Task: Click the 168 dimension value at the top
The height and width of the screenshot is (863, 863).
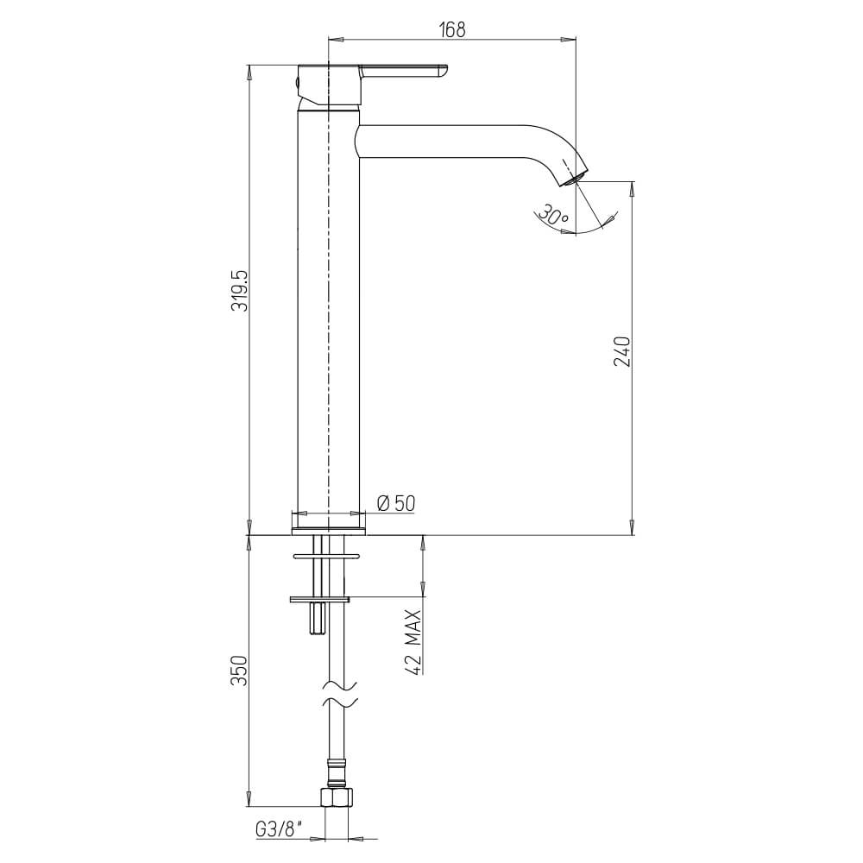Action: pos(452,30)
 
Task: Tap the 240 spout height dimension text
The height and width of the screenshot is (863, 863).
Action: pos(623,351)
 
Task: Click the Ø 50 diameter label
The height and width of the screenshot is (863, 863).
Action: pos(396,503)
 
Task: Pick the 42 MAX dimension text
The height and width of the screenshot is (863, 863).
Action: pos(413,641)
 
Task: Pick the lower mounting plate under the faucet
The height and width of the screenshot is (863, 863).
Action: pos(319,598)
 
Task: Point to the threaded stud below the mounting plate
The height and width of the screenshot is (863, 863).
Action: pos(317,617)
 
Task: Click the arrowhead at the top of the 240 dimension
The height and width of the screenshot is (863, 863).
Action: pos(633,187)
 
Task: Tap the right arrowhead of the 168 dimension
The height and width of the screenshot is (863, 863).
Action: pos(569,39)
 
